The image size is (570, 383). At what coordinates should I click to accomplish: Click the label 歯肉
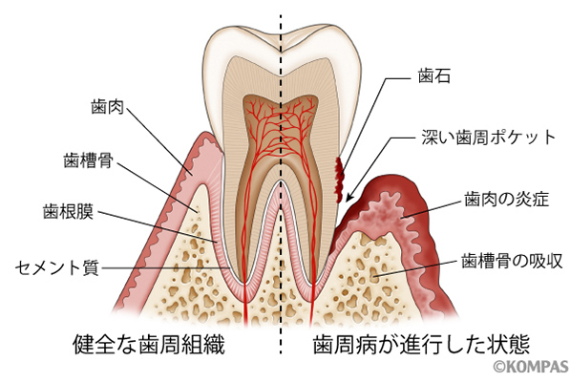click(107, 107)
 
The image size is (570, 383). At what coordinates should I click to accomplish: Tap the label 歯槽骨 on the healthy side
click(89, 160)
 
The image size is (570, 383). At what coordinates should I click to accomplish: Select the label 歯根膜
click(68, 211)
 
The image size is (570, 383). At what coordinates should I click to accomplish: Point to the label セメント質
click(56, 268)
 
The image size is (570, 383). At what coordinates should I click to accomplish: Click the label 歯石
click(434, 76)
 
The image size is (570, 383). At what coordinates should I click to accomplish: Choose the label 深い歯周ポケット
click(489, 138)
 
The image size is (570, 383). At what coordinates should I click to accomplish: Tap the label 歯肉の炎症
click(506, 200)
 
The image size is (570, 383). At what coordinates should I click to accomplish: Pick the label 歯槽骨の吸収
click(512, 261)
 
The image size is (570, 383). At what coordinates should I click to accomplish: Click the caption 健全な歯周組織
click(149, 344)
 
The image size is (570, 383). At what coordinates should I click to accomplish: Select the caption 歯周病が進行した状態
click(421, 344)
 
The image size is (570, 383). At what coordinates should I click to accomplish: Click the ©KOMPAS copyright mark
click(531, 366)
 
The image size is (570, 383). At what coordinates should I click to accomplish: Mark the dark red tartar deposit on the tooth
click(340, 180)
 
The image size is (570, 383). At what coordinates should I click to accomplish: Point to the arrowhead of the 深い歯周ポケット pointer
click(348, 199)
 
